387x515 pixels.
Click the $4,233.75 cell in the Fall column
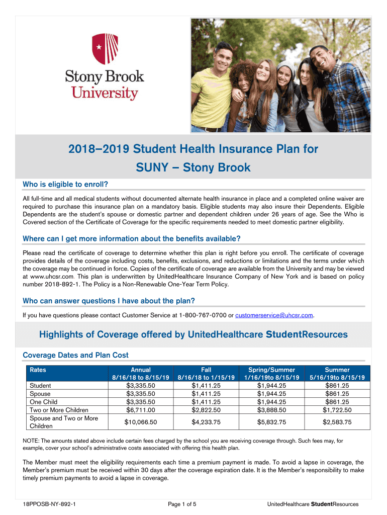tap(206, 422)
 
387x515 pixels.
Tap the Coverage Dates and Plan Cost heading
tap(75, 355)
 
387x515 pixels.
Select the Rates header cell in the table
tap(38, 370)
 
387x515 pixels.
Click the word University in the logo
tap(105, 93)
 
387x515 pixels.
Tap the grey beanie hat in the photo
tap(284, 67)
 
